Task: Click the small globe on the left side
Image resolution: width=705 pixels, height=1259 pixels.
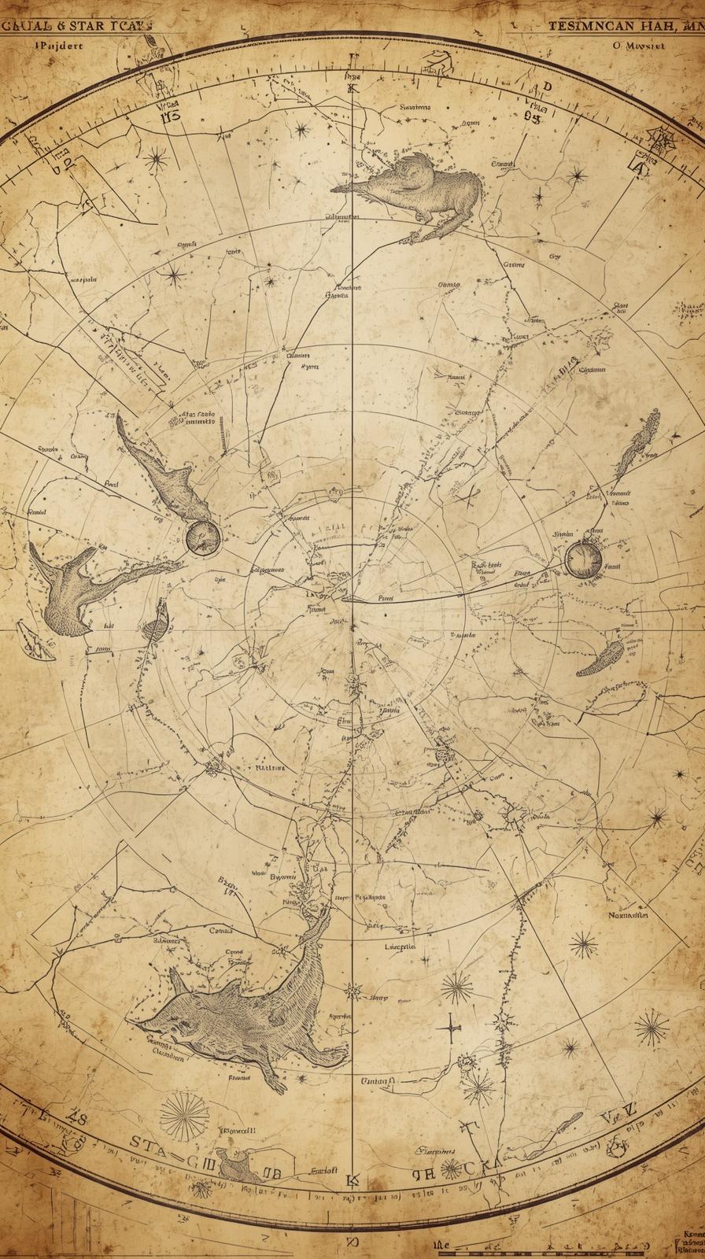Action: click(x=204, y=536)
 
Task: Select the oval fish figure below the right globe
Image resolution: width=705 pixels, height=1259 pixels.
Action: click(x=600, y=658)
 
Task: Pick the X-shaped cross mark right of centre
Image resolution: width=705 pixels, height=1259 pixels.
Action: click(x=471, y=495)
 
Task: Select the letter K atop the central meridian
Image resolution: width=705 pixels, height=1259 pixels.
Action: click(x=352, y=88)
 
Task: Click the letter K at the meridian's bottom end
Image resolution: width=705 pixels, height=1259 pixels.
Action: click(x=351, y=1180)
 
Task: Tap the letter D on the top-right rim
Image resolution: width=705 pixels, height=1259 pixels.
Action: click(x=548, y=87)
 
